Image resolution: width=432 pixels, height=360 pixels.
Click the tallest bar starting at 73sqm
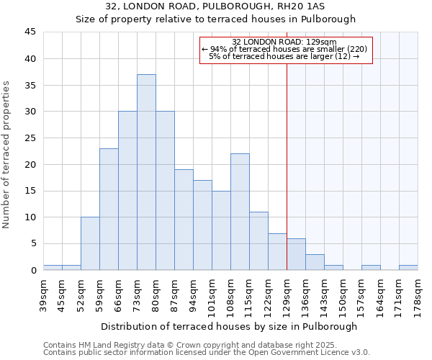[146, 172]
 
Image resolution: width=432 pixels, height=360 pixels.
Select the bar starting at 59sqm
[109, 209]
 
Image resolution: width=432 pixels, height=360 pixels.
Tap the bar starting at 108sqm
[240, 212]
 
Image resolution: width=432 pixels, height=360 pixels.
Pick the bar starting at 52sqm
[90, 243]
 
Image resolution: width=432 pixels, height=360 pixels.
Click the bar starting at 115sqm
[258, 240]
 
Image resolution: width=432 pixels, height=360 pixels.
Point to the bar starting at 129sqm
[296, 254]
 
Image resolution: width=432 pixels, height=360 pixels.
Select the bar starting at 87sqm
[184, 220]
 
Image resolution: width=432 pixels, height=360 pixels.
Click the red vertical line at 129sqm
[287, 144]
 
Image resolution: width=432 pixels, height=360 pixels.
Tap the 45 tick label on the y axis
[30, 32]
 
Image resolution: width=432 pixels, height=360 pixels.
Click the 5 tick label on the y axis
[32, 243]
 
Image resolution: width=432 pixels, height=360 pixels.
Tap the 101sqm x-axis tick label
[212, 294]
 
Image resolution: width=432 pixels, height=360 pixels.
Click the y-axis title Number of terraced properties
[7, 154]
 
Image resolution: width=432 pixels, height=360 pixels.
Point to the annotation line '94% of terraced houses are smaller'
[285, 49]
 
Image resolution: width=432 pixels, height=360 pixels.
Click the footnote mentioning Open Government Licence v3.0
[207, 353]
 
